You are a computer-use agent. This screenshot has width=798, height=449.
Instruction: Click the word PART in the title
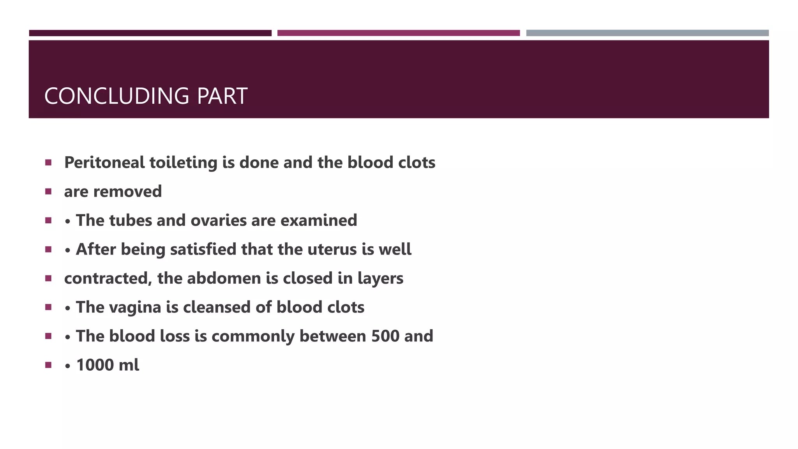(222, 96)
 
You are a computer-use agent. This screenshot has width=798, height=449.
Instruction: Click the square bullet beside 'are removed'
(48, 191)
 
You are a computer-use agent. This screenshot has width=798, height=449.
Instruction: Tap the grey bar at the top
(647, 33)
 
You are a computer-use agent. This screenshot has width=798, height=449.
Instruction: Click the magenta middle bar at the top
(399, 33)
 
